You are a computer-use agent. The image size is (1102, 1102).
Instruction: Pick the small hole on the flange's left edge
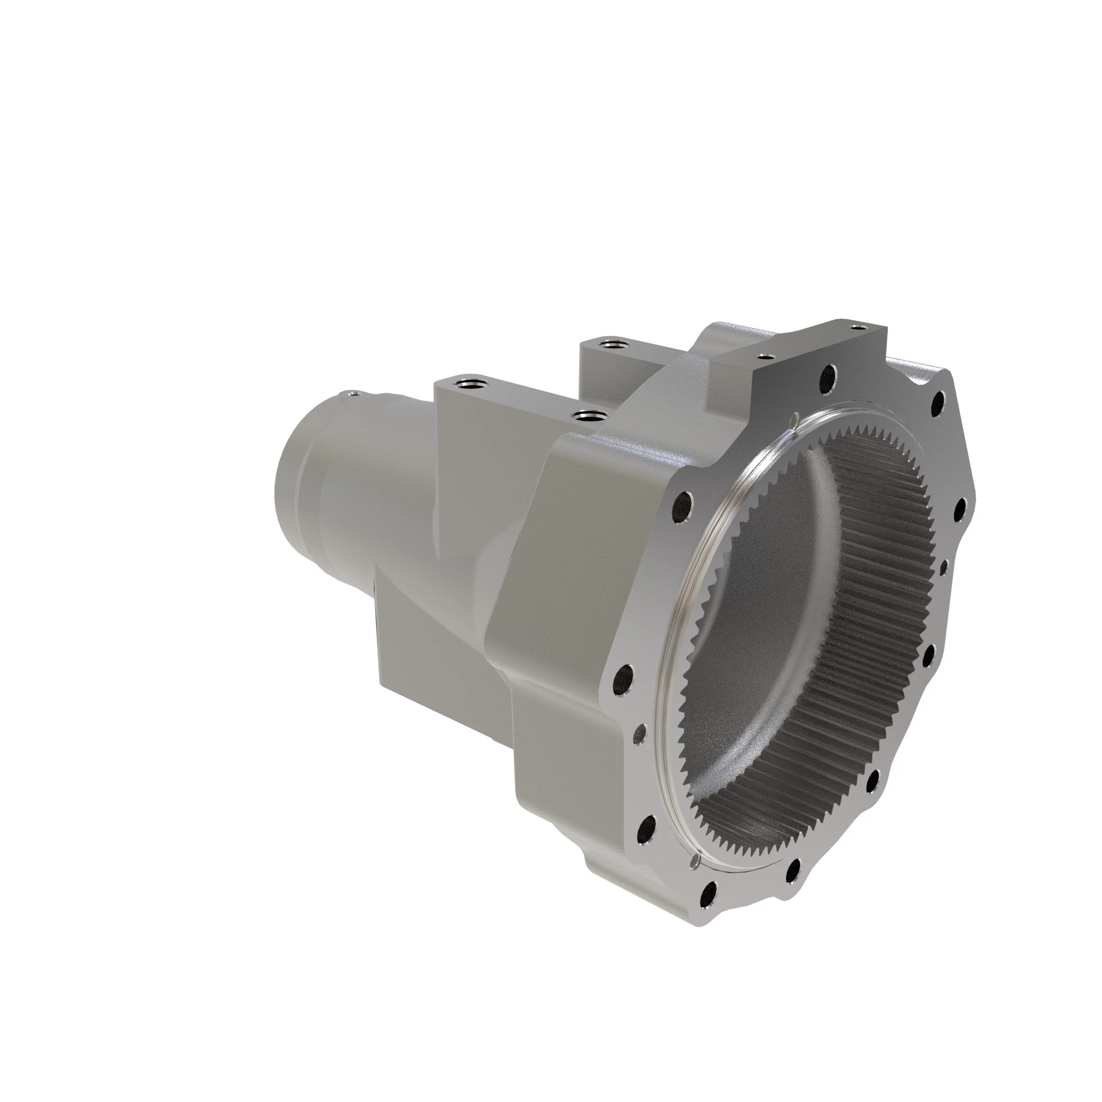tap(639, 736)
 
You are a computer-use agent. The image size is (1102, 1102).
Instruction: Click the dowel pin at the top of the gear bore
tap(795, 420)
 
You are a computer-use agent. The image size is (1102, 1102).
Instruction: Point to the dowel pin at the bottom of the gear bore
tap(695, 877)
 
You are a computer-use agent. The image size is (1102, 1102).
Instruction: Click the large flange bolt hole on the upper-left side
tap(682, 504)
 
